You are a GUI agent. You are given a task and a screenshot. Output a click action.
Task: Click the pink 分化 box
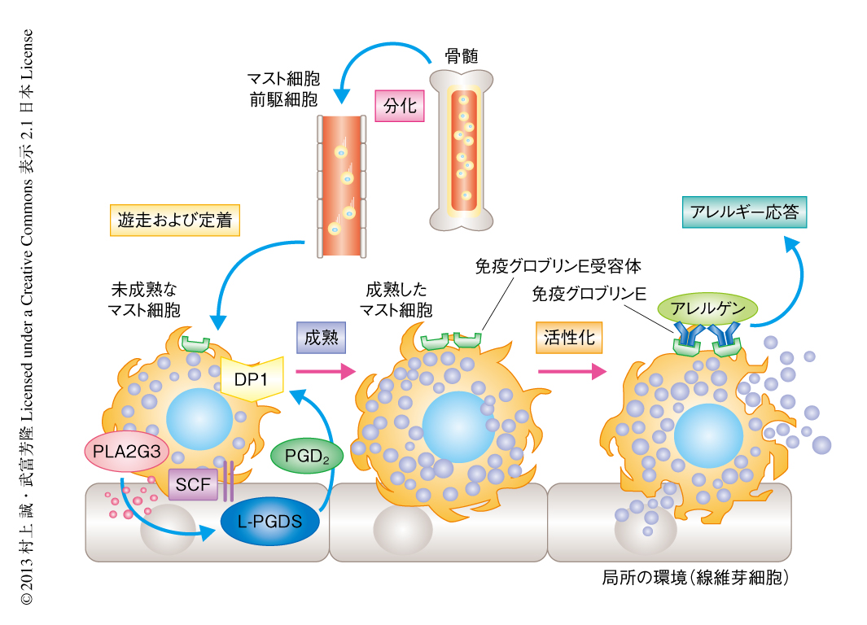[x=400, y=106]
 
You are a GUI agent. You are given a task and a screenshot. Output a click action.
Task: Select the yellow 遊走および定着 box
[x=175, y=219]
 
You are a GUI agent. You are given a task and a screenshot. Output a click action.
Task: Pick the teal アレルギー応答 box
[x=744, y=213]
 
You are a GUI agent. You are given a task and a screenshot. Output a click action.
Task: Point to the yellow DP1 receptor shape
[x=252, y=378]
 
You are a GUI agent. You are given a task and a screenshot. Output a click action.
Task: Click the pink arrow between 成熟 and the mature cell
[x=326, y=372]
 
